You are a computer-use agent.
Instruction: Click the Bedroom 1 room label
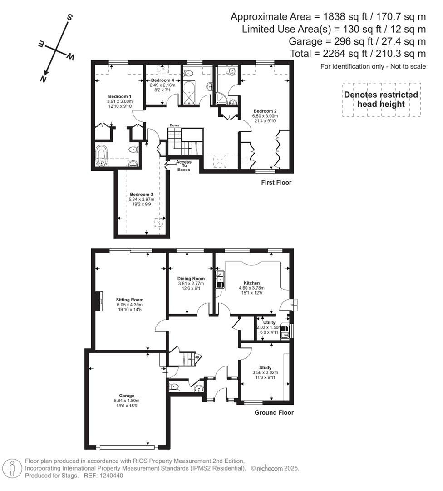[120, 96]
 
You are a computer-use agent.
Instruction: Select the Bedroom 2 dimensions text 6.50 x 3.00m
[265, 116]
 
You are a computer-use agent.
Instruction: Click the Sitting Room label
[130, 300]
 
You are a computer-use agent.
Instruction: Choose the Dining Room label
[191, 278]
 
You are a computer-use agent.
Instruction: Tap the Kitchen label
[251, 283]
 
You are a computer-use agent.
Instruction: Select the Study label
[265, 367]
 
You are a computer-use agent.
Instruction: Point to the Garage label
[127, 396]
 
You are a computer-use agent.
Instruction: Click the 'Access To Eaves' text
[184, 166]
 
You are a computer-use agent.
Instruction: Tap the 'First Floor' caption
[276, 183]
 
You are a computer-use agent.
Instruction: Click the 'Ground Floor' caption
[274, 413]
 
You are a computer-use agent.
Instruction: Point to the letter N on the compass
[44, 79]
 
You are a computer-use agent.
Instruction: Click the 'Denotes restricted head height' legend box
[381, 99]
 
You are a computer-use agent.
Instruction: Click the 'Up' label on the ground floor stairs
[197, 357]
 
